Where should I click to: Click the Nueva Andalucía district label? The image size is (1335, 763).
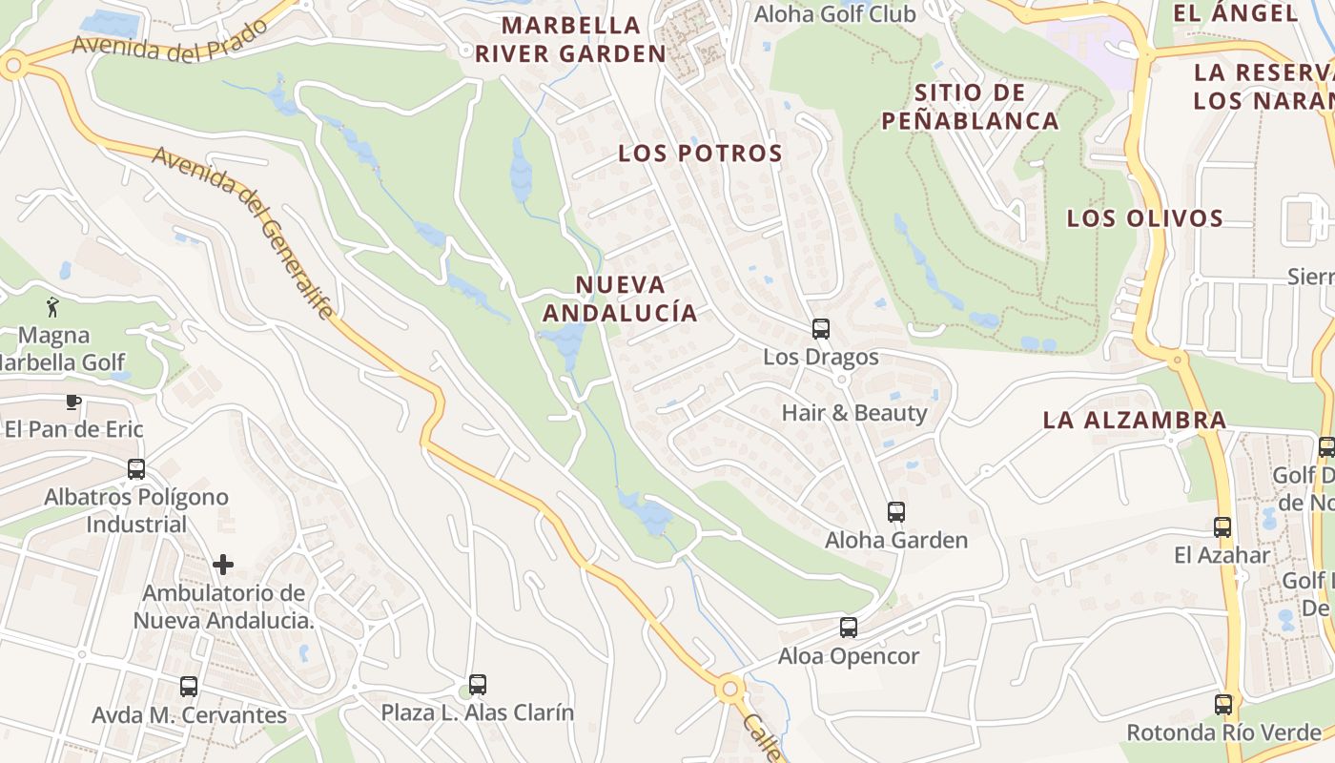click(620, 299)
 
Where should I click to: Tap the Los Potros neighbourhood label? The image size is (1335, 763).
click(700, 154)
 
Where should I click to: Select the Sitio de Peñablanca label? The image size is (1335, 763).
click(970, 107)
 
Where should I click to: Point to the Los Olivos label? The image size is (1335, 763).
click(1144, 218)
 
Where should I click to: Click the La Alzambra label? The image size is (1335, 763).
click(1134, 420)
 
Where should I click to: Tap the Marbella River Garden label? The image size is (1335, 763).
click(570, 40)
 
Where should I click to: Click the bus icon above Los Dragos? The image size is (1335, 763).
click(820, 329)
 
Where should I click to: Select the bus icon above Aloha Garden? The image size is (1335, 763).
click(895, 512)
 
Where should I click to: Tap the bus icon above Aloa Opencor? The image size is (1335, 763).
click(848, 628)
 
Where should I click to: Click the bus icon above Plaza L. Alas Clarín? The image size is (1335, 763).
click(477, 684)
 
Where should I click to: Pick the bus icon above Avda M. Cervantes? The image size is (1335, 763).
click(189, 687)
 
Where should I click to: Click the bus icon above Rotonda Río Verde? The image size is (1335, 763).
click(1222, 705)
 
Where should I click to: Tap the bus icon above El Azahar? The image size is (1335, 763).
click(1222, 526)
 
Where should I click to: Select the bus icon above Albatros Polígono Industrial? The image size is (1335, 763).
click(136, 468)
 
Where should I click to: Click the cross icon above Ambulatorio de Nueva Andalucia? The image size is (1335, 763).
click(223, 565)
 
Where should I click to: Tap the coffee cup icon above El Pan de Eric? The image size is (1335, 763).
click(73, 402)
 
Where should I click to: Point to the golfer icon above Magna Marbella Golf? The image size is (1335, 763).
click(52, 307)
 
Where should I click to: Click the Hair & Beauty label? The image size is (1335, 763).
click(853, 413)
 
